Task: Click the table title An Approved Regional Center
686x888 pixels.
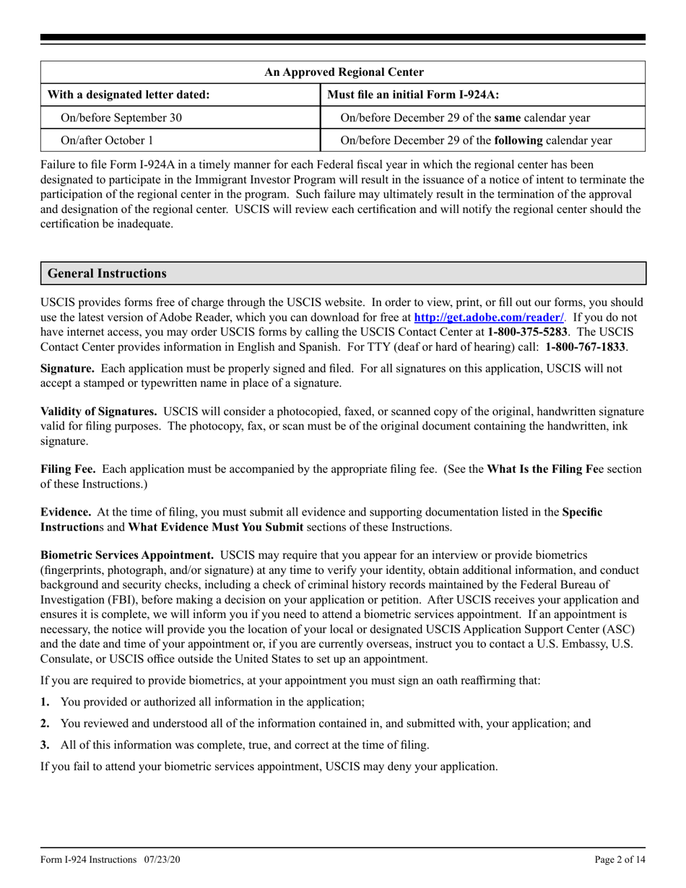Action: [343, 72]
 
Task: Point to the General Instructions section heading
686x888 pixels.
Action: [106, 274]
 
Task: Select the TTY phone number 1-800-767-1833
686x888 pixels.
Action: [586, 347]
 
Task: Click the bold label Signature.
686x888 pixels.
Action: [64, 368]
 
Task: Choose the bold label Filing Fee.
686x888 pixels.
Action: [68, 469]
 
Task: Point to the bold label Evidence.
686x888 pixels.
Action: [65, 512]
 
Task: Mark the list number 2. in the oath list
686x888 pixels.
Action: [45, 723]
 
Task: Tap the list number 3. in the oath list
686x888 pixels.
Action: [45, 745]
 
